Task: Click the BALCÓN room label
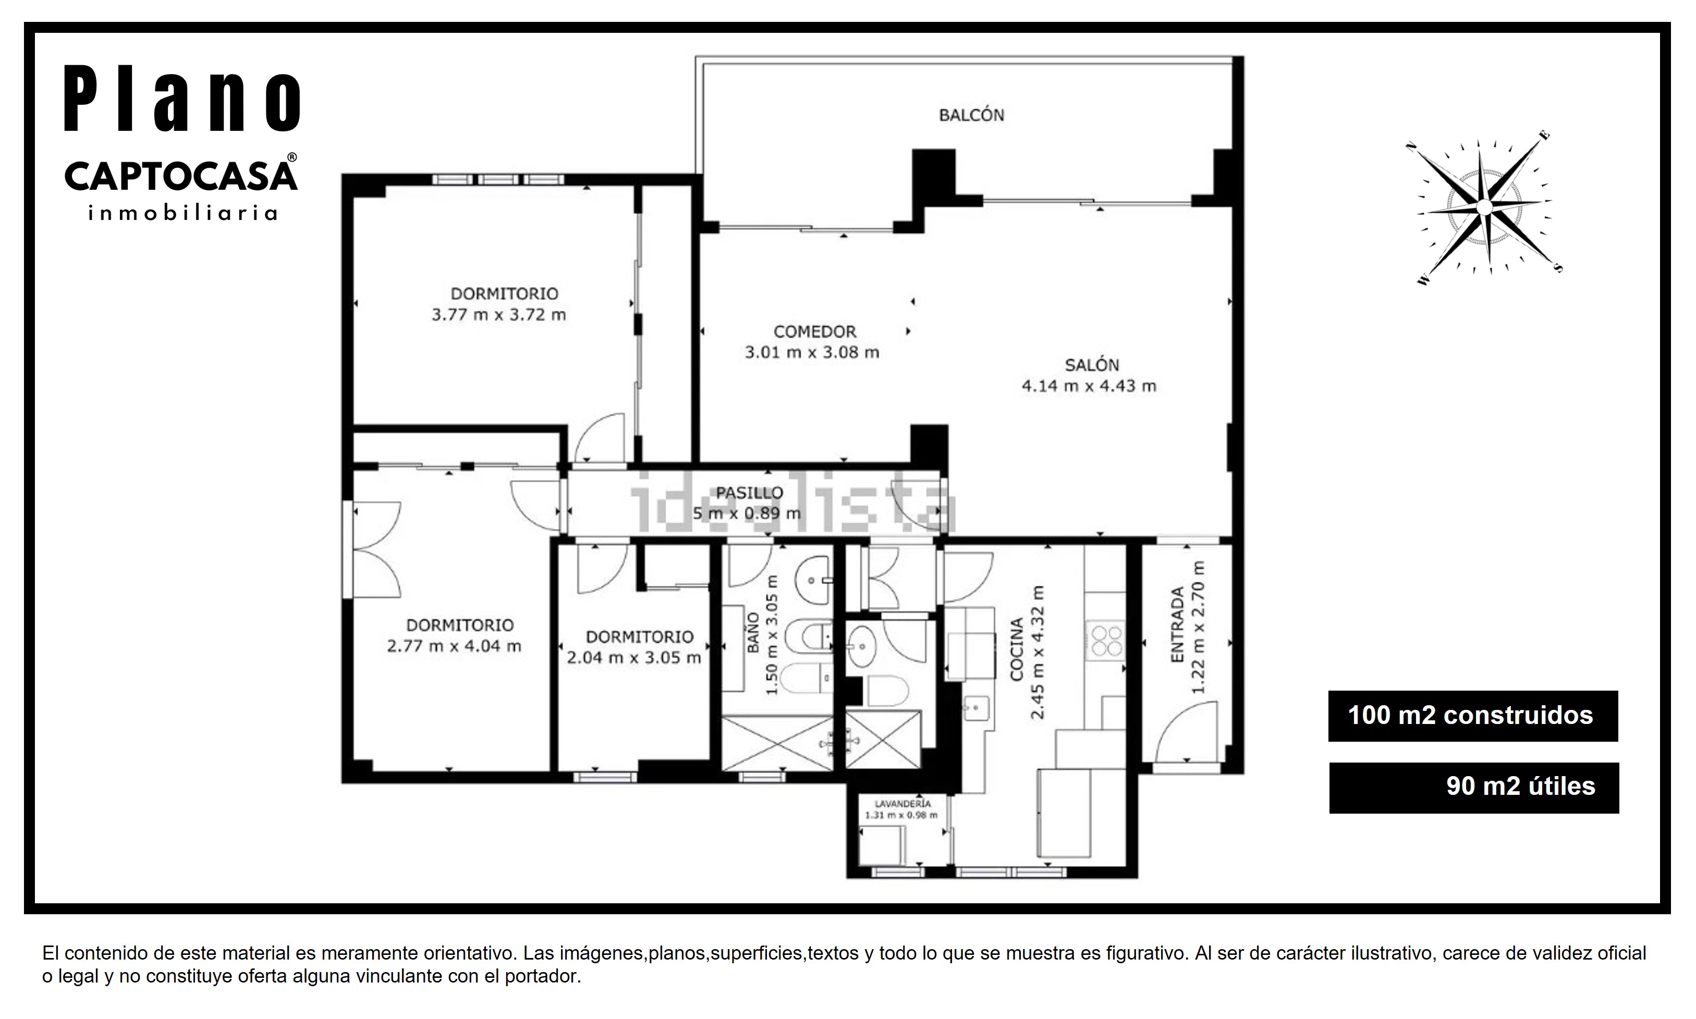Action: [971, 115]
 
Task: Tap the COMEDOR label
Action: [815, 332]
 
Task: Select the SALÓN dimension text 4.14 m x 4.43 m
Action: [1089, 386]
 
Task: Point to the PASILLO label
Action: [749, 493]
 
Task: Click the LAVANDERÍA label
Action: [902, 803]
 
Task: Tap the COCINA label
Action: [1017, 649]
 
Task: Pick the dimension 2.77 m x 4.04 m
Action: [454, 646]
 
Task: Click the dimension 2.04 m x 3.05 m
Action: [634, 658]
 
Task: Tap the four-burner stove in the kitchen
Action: [1105, 641]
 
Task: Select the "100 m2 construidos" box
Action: [1473, 716]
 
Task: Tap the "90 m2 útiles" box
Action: [1473, 788]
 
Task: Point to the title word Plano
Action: [182, 98]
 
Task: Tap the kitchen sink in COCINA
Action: [975, 708]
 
